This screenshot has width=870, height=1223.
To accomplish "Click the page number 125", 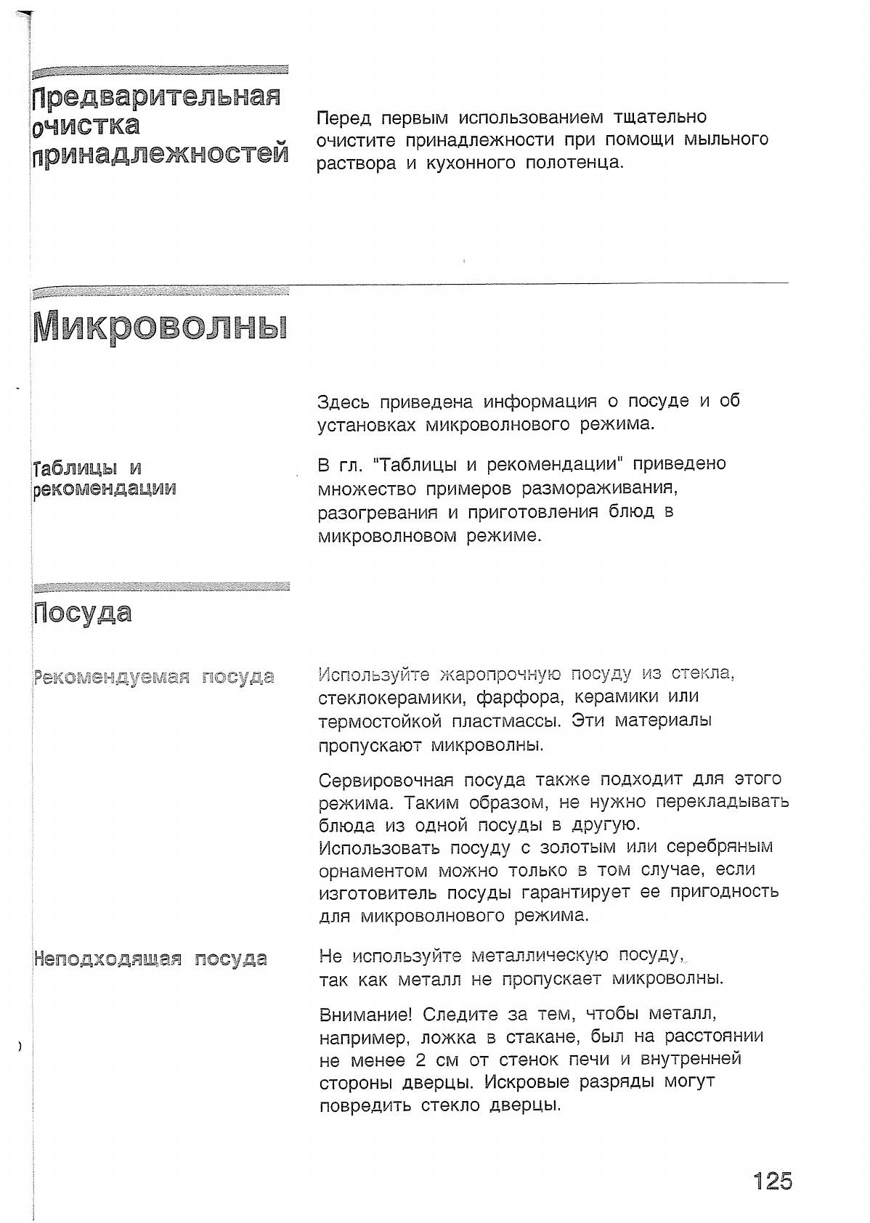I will (772, 1181).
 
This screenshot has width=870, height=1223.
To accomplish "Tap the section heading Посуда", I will (83, 613).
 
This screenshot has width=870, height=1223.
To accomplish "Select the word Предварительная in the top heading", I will (157, 97).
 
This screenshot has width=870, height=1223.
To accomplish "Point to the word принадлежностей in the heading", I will (160, 154).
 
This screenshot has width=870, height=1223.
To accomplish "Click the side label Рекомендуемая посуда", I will (154, 677).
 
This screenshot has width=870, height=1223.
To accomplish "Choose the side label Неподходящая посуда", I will (150, 959).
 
